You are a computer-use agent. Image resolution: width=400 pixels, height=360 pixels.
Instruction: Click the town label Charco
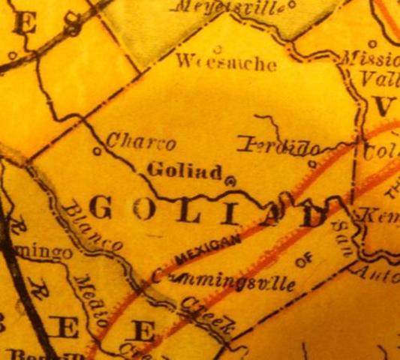tap(141, 141)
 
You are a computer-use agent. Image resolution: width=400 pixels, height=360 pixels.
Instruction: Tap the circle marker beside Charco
tap(97, 151)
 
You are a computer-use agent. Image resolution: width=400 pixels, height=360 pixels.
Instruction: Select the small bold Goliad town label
tap(185, 169)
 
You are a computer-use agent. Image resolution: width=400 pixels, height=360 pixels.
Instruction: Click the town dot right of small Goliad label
tap(230, 180)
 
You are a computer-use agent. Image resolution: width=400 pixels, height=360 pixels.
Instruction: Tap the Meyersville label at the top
tap(228, 8)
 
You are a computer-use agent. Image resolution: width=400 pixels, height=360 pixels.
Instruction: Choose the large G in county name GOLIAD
tap(102, 208)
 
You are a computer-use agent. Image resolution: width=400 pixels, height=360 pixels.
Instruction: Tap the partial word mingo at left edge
tap(45, 253)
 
